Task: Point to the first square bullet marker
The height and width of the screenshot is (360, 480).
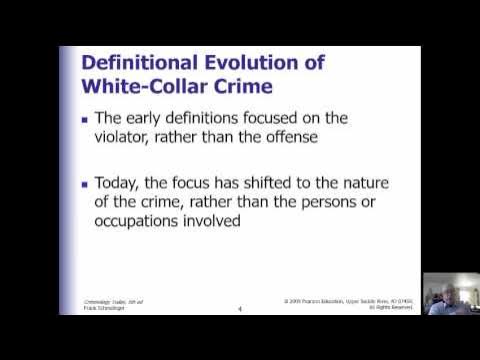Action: [86, 125]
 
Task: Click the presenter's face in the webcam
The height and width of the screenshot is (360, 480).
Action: [444, 292]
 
